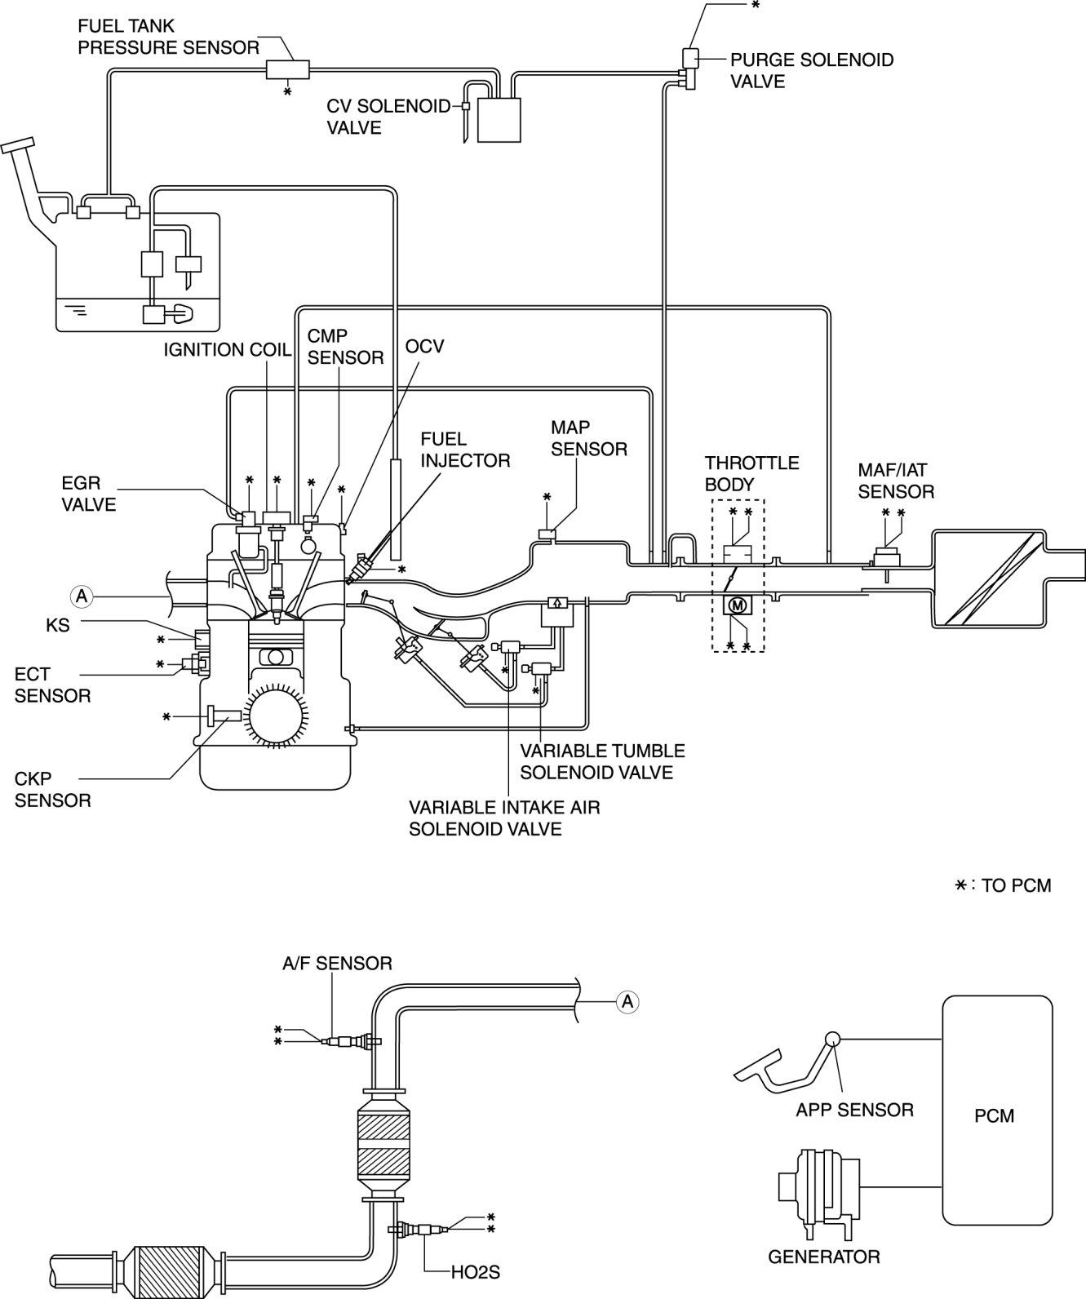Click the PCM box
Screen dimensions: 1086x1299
(997, 1116)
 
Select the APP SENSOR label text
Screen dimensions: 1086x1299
(854, 1110)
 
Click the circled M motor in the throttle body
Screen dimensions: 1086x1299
(737, 604)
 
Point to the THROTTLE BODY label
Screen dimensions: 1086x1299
(751, 473)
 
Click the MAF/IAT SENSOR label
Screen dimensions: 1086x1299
(896, 481)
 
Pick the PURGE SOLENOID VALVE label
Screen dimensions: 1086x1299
(812, 70)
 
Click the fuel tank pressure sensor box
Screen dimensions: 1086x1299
(288, 69)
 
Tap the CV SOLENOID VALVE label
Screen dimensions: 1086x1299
(388, 117)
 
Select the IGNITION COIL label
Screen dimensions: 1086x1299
(227, 349)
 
